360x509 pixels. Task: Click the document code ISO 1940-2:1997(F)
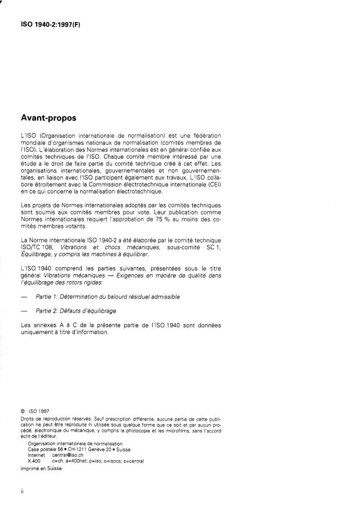[52, 26]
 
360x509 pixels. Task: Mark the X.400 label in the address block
[34, 460]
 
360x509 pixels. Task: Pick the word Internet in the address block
[37, 454]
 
